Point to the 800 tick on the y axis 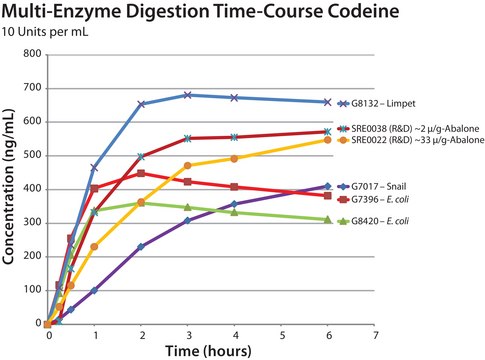click(x=32, y=54)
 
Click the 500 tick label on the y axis click(x=32, y=155)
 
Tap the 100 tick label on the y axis click(x=32, y=290)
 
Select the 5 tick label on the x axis click(x=281, y=334)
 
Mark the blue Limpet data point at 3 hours click(x=188, y=95)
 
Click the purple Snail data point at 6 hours click(x=327, y=186)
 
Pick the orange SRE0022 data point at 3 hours click(x=188, y=165)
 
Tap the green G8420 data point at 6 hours click(x=327, y=219)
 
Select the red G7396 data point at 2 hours click(x=141, y=173)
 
